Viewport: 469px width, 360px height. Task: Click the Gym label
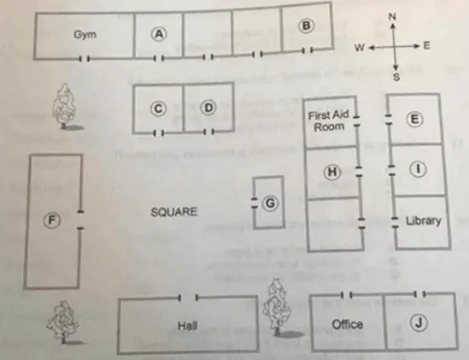click(85, 34)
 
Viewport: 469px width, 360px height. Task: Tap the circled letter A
click(158, 34)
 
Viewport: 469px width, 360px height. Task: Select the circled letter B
click(307, 26)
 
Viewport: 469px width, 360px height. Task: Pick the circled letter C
click(158, 109)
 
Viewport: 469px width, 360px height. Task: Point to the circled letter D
click(208, 108)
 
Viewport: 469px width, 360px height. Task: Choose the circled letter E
click(414, 119)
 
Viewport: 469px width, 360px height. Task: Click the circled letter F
click(52, 220)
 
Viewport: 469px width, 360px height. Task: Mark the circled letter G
click(270, 204)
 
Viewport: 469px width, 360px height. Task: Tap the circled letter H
click(332, 172)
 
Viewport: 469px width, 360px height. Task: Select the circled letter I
click(418, 169)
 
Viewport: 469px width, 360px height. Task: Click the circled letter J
click(419, 323)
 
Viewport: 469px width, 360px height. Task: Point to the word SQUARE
click(173, 212)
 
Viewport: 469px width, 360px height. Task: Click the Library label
click(423, 221)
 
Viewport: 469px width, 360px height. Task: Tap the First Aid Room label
click(328, 121)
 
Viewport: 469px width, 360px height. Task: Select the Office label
click(347, 324)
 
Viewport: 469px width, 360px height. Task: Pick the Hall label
click(187, 326)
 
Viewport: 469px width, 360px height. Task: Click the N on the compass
click(392, 17)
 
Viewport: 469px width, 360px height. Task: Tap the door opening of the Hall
click(188, 298)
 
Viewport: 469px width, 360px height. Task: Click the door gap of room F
click(80, 220)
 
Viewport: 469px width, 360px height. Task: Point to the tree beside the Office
click(277, 307)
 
